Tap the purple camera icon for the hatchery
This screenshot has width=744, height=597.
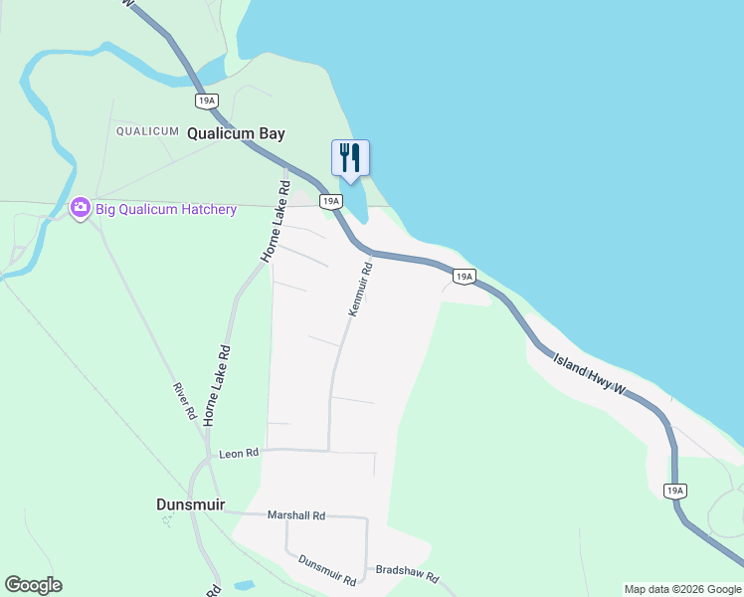click(x=81, y=208)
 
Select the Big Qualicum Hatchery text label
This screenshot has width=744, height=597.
click(x=166, y=209)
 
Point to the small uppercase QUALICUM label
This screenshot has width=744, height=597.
click(x=147, y=130)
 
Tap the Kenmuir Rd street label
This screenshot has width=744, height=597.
click(x=360, y=289)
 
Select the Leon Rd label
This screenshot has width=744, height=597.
click(x=239, y=452)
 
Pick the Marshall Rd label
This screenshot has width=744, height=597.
click(x=296, y=515)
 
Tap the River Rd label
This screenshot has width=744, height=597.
click(x=182, y=401)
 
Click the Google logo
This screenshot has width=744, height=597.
click(x=33, y=585)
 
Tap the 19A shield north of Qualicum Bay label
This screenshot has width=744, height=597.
click(x=207, y=100)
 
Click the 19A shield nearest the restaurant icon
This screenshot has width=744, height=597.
click(x=331, y=201)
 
